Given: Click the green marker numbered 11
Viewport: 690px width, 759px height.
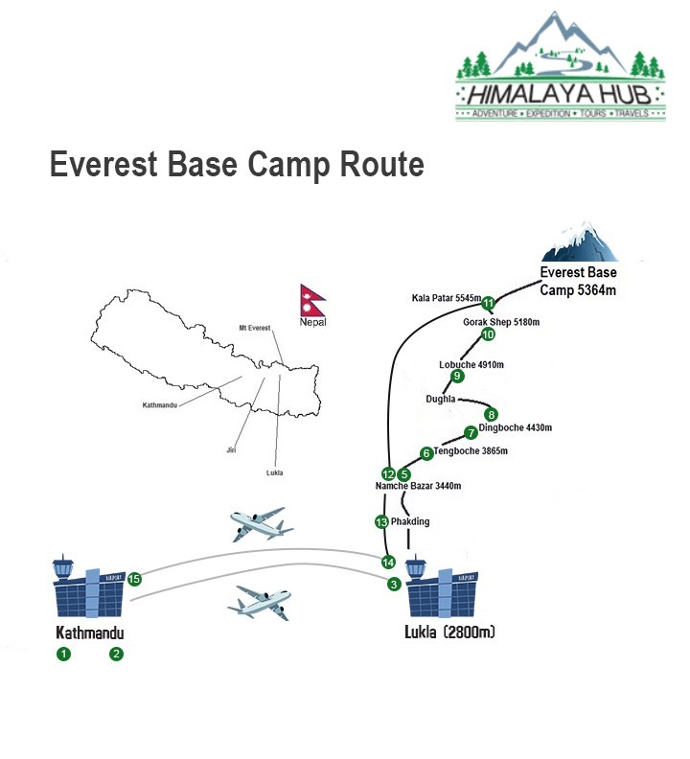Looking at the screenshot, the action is [x=488, y=304].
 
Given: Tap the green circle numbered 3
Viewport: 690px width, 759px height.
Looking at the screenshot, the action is [x=394, y=585].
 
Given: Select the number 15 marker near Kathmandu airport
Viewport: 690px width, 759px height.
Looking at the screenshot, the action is [x=134, y=579].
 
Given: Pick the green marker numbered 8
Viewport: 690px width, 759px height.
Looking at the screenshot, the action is [x=491, y=414].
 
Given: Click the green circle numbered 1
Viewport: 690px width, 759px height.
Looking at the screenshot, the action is [x=63, y=654].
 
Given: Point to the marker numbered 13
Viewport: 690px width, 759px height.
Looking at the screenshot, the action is [x=381, y=521].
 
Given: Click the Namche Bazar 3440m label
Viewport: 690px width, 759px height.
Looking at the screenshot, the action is [x=419, y=486].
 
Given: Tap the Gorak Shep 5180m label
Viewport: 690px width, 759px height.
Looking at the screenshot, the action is [x=501, y=322].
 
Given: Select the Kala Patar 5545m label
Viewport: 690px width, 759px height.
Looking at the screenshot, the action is [x=447, y=298].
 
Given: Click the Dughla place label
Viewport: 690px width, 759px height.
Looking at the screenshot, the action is [x=441, y=399].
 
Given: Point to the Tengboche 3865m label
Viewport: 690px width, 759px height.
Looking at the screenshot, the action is [x=471, y=451].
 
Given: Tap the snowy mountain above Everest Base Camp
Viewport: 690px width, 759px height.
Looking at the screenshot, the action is [x=579, y=242].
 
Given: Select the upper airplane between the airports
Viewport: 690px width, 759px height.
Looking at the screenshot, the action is [x=261, y=524].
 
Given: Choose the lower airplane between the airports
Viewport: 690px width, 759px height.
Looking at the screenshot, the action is [x=260, y=603].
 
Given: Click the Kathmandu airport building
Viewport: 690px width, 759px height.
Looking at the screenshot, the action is [x=88, y=586].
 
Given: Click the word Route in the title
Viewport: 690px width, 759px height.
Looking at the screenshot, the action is [x=382, y=164].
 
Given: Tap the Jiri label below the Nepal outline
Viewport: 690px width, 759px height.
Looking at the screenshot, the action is [x=231, y=450].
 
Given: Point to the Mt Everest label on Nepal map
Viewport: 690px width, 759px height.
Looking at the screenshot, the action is [x=255, y=328].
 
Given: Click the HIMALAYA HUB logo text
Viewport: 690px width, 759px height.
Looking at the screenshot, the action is [x=560, y=94].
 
